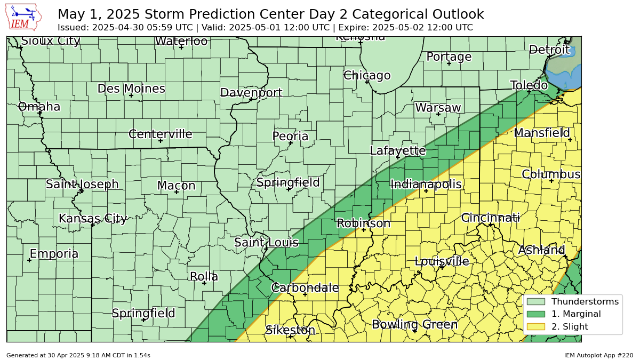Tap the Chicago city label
(x=367, y=76)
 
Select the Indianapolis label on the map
(x=426, y=185)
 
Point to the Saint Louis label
(x=266, y=243)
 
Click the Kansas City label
(x=93, y=219)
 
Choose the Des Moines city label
(x=131, y=89)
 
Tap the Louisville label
(x=442, y=261)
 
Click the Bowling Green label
(x=414, y=324)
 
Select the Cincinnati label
(x=490, y=218)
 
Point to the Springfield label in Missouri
(x=143, y=314)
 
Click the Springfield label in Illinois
(x=288, y=182)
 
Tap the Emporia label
(x=54, y=254)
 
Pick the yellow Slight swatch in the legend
(x=535, y=326)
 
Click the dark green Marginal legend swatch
(x=535, y=314)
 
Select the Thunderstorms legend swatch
(x=535, y=301)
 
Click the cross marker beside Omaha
(x=39, y=113)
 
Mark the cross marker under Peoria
(x=291, y=143)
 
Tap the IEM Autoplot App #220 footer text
(x=598, y=355)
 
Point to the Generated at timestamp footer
(x=78, y=355)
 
